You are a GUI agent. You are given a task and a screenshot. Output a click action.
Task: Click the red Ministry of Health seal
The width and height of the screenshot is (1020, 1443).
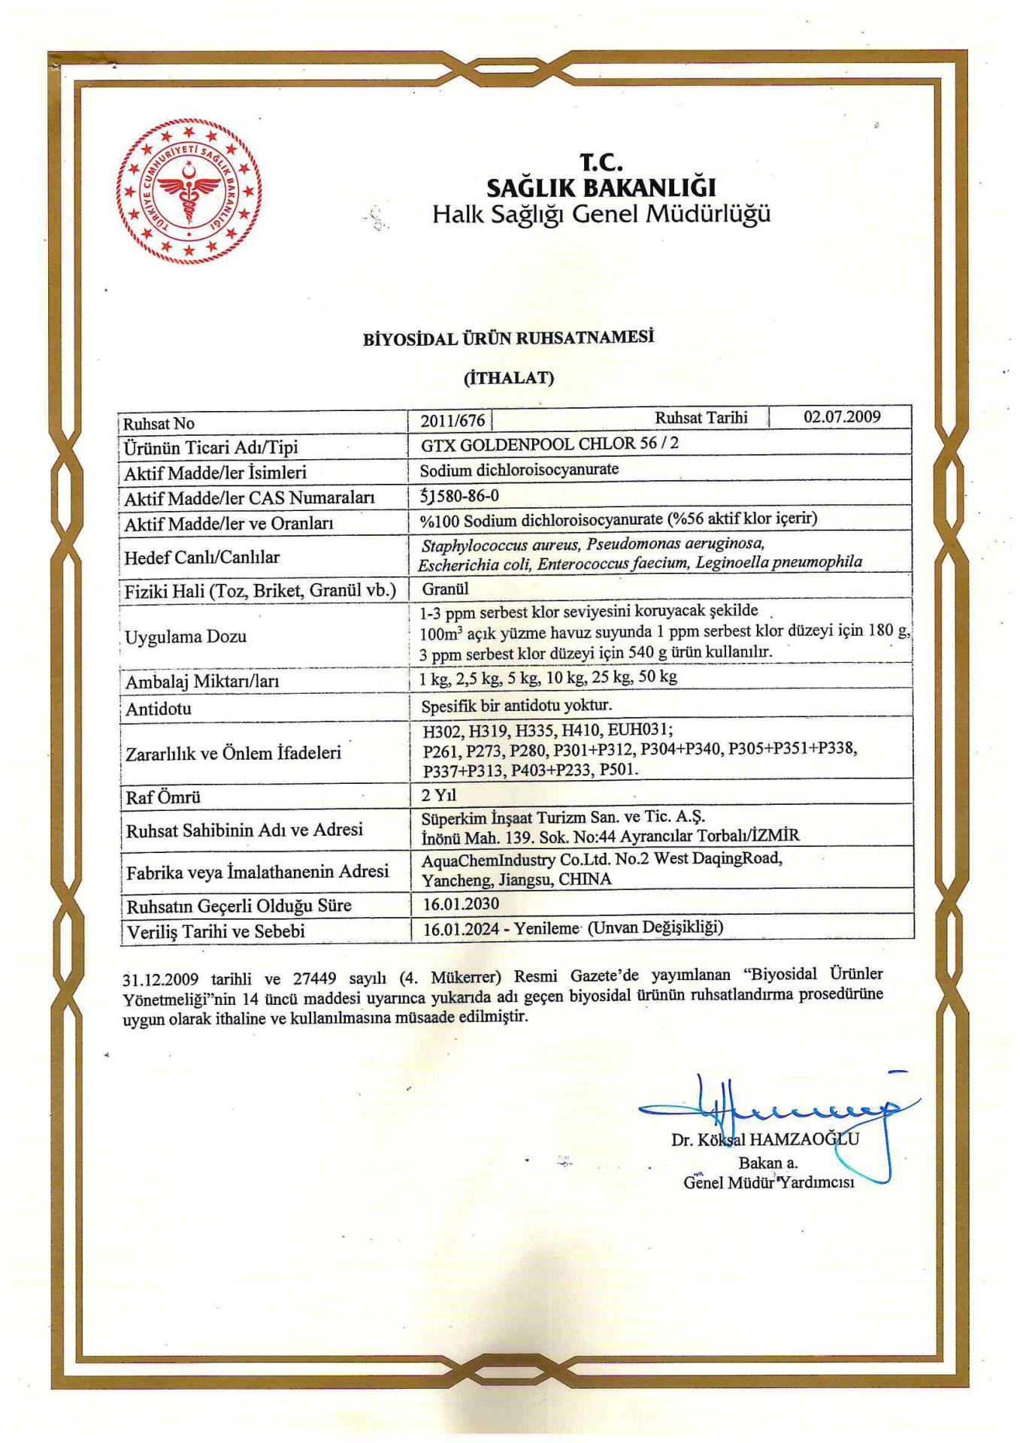pyautogui.click(x=189, y=191)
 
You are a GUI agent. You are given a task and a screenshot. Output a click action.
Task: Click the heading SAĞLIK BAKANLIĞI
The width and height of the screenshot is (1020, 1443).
pyautogui.click(x=601, y=187)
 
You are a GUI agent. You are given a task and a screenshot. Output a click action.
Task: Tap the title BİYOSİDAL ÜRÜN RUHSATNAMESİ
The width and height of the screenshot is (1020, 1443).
pyautogui.click(x=509, y=338)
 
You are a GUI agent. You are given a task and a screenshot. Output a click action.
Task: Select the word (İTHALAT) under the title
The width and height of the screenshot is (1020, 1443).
pyautogui.click(x=509, y=377)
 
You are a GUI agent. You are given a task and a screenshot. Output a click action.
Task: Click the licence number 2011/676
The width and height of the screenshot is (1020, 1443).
pyautogui.click(x=452, y=421)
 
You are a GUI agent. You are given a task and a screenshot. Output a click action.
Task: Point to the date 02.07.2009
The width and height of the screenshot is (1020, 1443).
pyautogui.click(x=842, y=417)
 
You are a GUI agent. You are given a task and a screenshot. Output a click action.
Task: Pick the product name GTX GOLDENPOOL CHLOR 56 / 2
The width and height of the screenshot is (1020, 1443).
pyautogui.click(x=549, y=444)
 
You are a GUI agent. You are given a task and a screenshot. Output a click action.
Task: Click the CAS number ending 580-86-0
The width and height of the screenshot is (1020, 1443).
pyautogui.click(x=459, y=495)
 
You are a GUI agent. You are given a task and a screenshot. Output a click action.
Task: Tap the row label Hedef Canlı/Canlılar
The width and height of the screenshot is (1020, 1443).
pyautogui.click(x=201, y=557)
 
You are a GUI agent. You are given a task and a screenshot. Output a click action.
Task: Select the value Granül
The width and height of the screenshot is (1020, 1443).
pyautogui.click(x=445, y=588)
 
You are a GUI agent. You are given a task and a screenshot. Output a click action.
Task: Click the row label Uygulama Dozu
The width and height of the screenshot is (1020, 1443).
pyautogui.click(x=186, y=637)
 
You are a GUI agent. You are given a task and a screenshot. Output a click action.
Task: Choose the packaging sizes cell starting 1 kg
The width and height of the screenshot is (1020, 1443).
pyautogui.click(x=548, y=678)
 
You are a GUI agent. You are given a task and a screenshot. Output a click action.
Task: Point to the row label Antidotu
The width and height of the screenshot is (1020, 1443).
pyautogui.click(x=159, y=709)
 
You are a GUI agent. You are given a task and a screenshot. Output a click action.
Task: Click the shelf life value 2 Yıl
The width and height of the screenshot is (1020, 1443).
pyautogui.click(x=439, y=795)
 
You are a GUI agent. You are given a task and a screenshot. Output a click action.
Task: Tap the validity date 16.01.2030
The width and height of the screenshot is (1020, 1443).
pyautogui.click(x=461, y=903)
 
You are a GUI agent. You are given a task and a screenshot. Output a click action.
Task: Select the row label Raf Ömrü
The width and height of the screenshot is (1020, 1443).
pyautogui.click(x=163, y=797)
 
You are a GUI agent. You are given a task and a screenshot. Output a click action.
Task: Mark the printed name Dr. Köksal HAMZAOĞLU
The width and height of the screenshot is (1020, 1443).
pyautogui.click(x=764, y=1139)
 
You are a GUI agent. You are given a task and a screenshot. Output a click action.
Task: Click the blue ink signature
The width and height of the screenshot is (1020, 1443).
pyautogui.click(x=782, y=1109)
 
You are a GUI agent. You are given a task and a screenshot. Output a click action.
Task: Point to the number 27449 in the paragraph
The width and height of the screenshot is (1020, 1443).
pyautogui.click(x=314, y=979)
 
